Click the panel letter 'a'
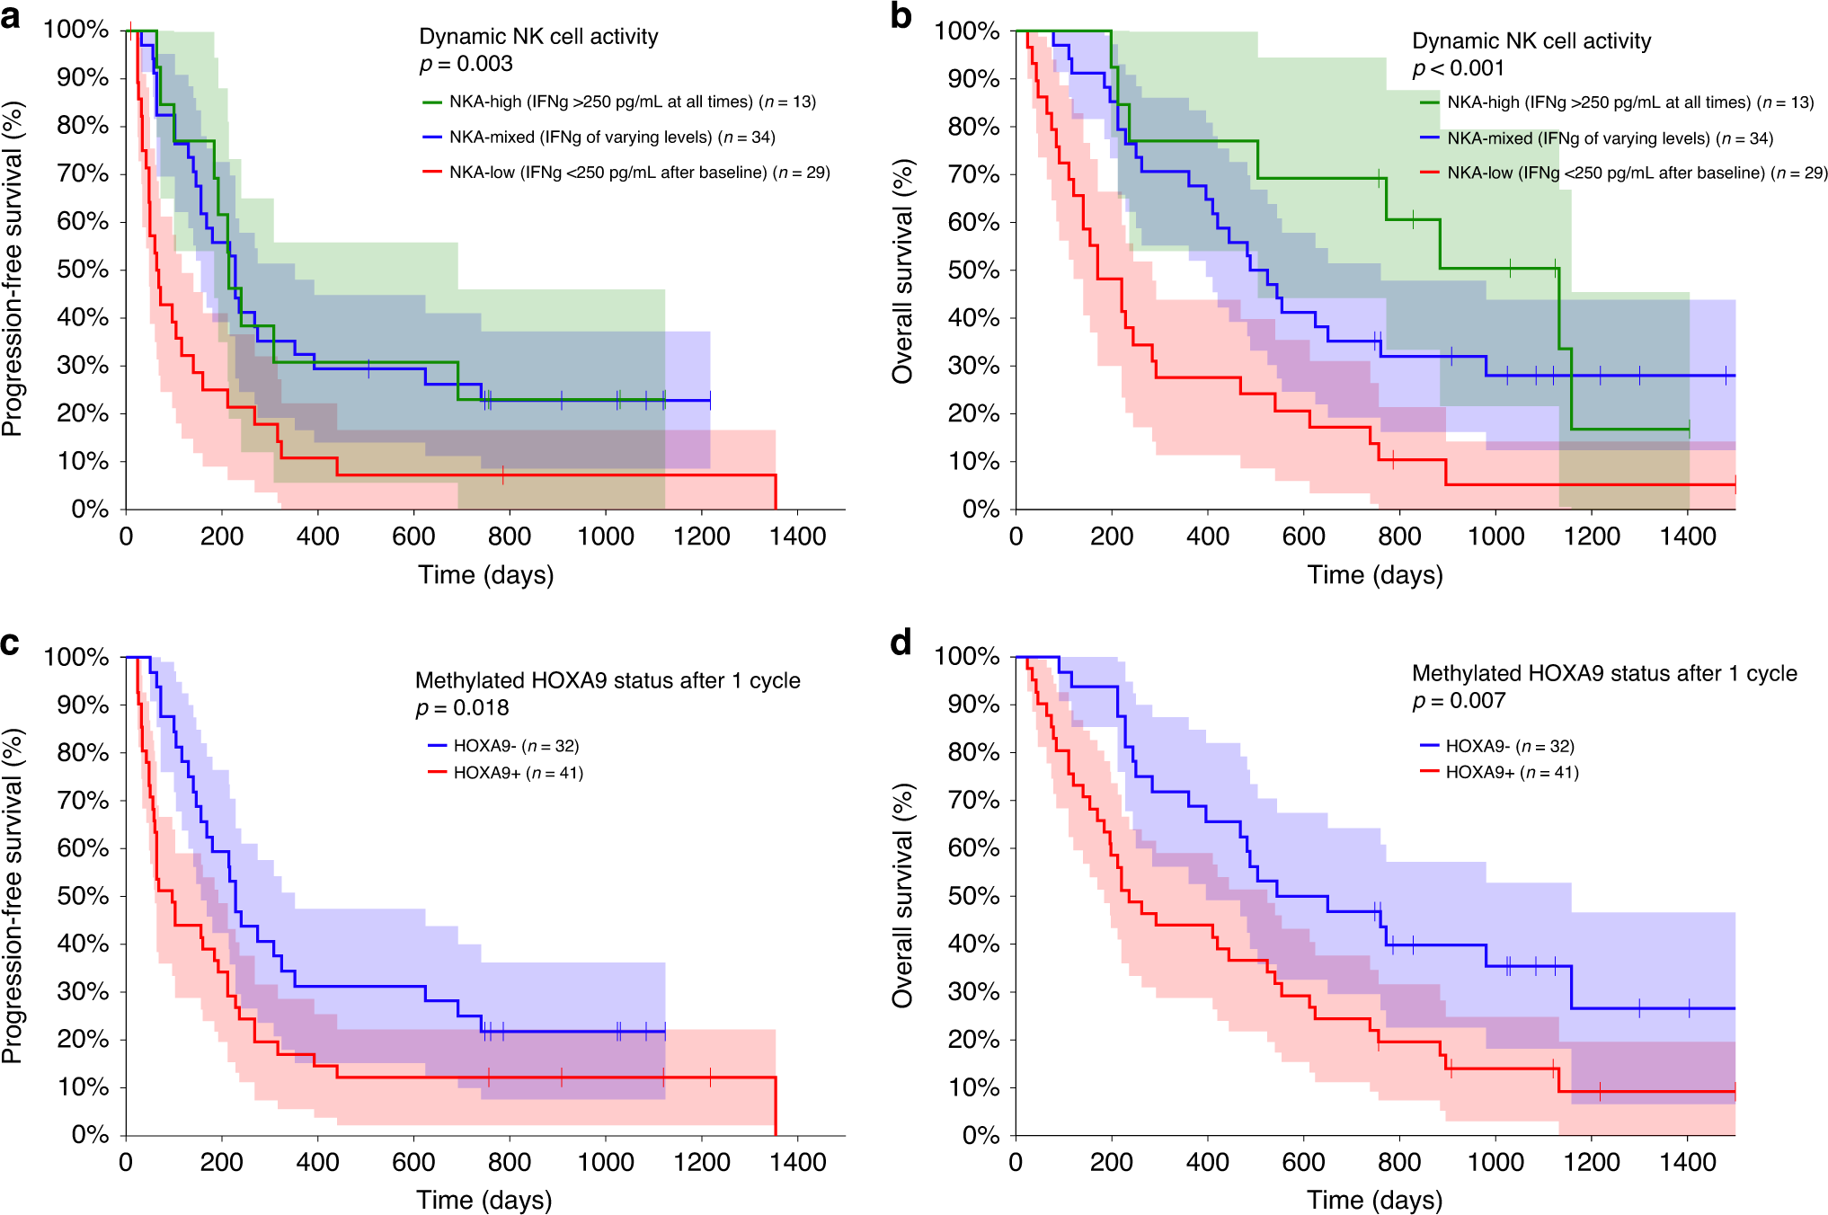pyautogui.click(x=11, y=16)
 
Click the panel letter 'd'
pyautogui.click(x=900, y=643)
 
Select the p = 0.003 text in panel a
pyautogui.click(x=466, y=64)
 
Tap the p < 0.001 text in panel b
pyautogui.click(x=1458, y=68)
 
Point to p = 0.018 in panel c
pyautogui.click(x=462, y=708)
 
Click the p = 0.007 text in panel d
pyautogui.click(x=1458, y=701)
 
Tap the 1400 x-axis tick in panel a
pyautogui.click(x=798, y=537)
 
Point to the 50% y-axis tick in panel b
pyautogui.click(x=974, y=270)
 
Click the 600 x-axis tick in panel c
pyautogui.click(x=413, y=1162)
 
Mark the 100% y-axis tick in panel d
pyautogui.click(x=967, y=656)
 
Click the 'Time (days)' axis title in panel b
pyautogui.click(x=1375, y=575)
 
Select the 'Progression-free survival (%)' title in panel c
pyautogui.click(x=13, y=895)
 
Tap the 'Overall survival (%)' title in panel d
pyautogui.click(x=902, y=895)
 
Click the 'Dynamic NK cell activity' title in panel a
pyautogui.click(x=538, y=37)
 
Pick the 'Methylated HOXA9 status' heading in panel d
pyautogui.click(x=1604, y=673)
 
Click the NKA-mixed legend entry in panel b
pyautogui.click(x=1610, y=138)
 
